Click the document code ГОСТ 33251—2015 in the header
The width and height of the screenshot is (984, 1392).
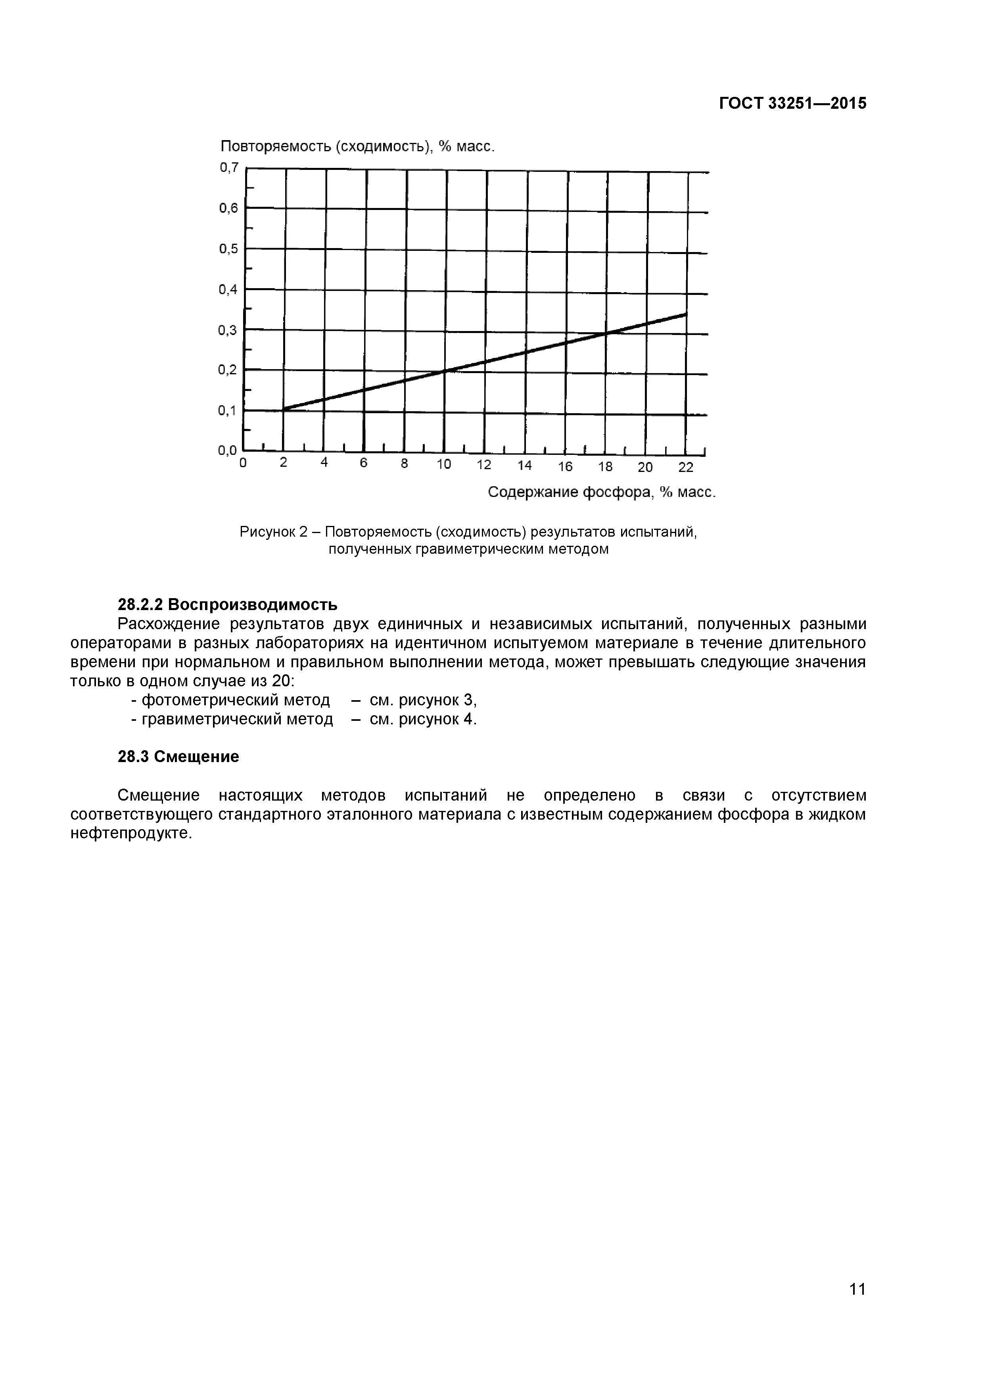click(792, 104)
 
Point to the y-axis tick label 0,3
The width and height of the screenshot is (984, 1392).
click(228, 330)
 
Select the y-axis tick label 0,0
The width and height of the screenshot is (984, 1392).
click(228, 451)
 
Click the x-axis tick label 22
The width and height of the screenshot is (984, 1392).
click(685, 468)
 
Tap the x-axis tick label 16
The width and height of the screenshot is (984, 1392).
click(565, 467)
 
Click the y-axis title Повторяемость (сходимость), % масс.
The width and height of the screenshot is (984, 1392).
click(357, 147)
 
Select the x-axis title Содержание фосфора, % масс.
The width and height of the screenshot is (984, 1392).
click(602, 492)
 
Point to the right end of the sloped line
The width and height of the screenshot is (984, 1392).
click(686, 314)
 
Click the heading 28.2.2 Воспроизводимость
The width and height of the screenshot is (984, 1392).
click(227, 605)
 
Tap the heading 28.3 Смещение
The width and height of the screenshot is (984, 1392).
click(178, 757)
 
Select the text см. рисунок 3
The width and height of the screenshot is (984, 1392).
click(423, 700)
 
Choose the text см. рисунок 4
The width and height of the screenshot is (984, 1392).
click(423, 719)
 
